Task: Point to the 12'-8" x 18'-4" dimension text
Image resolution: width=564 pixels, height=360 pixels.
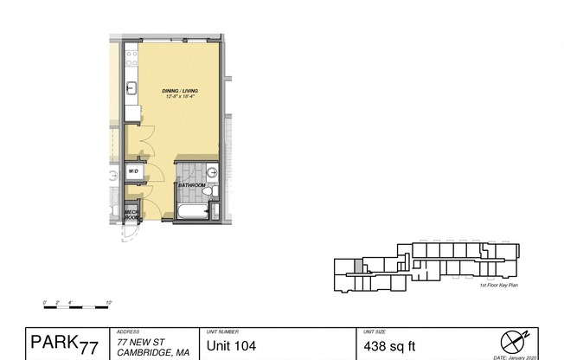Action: click(x=183, y=96)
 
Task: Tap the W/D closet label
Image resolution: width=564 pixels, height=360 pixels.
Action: click(x=134, y=172)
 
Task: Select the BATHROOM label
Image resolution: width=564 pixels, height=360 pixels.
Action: click(x=191, y=185)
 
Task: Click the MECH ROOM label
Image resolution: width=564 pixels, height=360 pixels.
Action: click(x=132, y=213)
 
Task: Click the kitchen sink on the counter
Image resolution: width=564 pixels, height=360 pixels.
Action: click(x=131, y=87)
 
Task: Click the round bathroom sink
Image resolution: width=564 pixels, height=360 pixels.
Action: click(x=213, y=170)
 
